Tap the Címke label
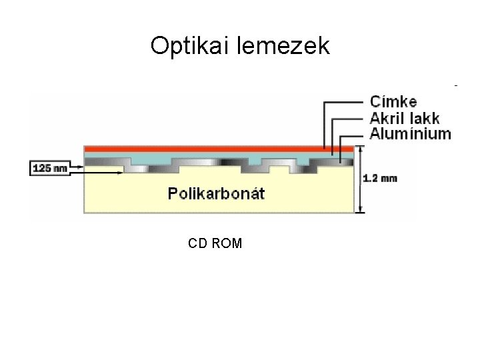pos(393,102)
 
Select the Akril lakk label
pos(405,118)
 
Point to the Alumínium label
pos(410,134)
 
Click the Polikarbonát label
pos(216,194)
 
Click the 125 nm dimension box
pos(50,168)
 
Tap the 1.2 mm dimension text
pos(380,178)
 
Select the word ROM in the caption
pos(227,243)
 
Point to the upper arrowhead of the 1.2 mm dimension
pos(360,150)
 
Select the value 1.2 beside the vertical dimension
pos(371,178)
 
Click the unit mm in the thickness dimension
pos(389,178)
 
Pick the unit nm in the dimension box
pos(60,168)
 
